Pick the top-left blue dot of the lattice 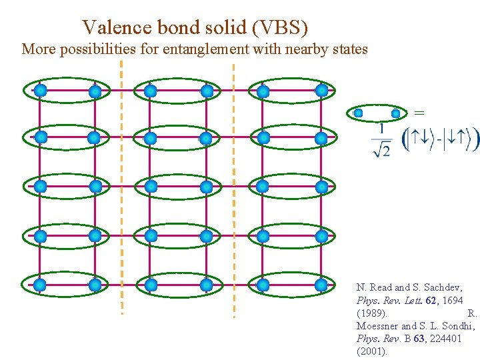40,90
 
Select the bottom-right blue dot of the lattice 321,285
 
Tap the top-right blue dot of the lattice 321,90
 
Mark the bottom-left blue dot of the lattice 40,285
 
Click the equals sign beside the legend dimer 419,111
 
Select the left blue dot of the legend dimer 359,113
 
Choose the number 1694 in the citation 451,300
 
